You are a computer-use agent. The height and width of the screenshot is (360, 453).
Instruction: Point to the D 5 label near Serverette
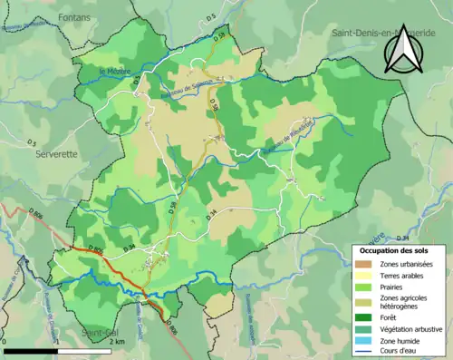coord(31,142)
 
